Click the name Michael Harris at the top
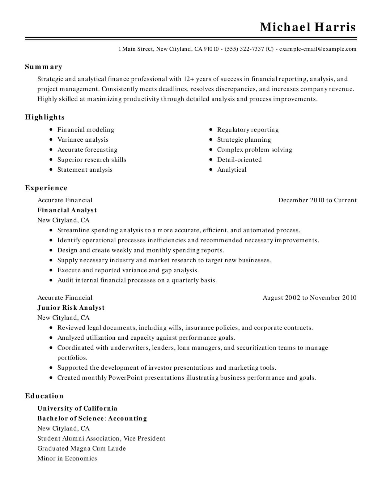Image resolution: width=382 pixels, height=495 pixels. [308, 27]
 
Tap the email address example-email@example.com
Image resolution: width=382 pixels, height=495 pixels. [318, 49]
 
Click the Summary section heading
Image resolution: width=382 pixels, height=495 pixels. [44, 67]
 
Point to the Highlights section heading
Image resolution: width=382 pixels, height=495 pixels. [45, 117]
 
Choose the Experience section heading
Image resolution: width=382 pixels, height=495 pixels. [46, 188]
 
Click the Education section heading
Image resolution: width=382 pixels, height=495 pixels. [44, 396]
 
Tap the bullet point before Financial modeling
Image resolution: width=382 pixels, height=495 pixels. [51, 130]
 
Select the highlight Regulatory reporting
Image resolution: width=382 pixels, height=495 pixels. [248, 130]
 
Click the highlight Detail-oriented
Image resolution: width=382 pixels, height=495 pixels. [239, 160]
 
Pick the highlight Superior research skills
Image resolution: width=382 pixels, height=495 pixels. [92, 160]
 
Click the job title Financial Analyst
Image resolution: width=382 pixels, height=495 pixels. [67, 210]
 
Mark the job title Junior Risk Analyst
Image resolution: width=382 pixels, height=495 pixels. [71, 308]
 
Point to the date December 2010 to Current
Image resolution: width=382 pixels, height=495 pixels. [317, 200]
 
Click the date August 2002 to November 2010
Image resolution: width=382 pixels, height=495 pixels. [309, 298]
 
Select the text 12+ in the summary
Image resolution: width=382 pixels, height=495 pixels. [189, 79]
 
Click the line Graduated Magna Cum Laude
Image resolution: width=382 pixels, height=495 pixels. [82, 448]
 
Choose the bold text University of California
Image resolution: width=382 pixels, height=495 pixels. [77, 408]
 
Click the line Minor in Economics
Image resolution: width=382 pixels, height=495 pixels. [67, 458]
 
